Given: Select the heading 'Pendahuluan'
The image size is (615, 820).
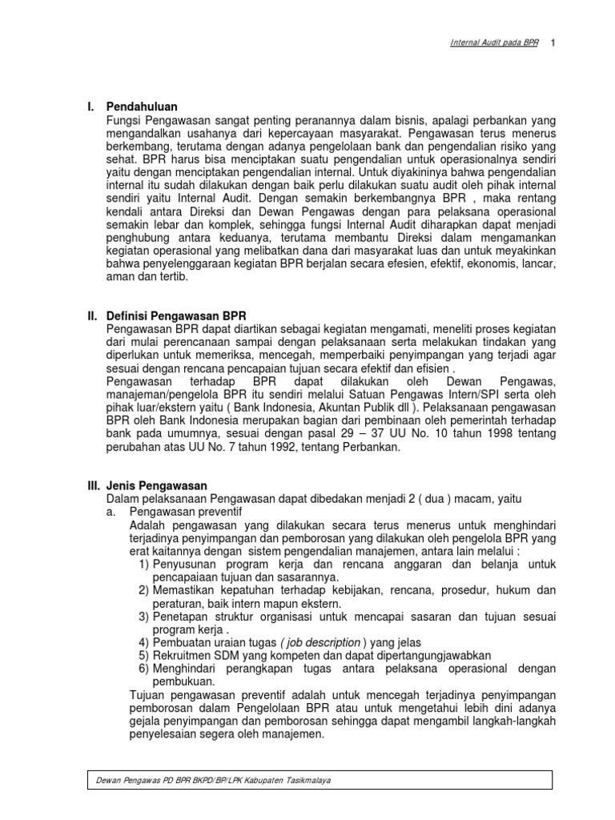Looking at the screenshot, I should pos(143,107).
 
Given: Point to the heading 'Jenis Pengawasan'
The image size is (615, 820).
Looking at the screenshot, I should pos(157,485).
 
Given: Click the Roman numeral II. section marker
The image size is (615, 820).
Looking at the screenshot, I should pos(92,316).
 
